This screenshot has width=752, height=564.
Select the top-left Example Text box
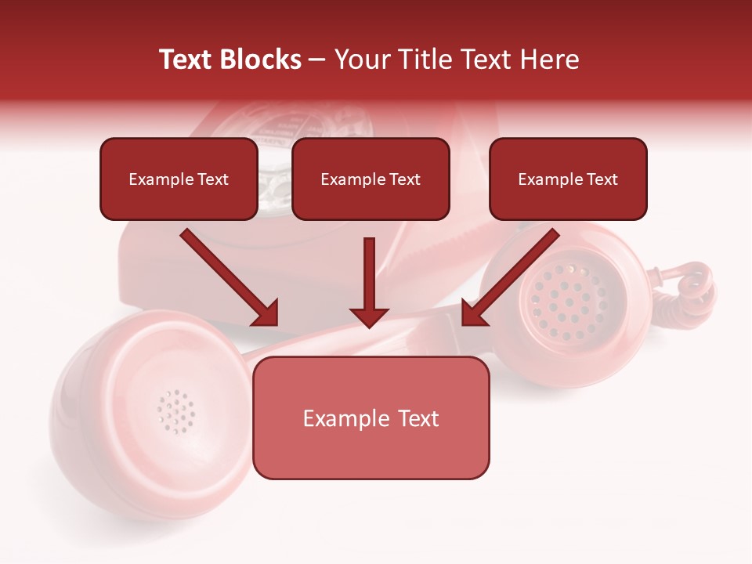click(x=179, y=179)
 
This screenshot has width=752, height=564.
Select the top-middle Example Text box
click(x=371, y=179)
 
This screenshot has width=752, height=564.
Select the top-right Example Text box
click(x=568, y=179)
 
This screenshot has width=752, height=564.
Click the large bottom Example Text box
click(x=371, y=418)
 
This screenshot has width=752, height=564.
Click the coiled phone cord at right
click(x=694, y=290)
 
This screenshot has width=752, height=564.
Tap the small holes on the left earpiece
click(x=175, y=410)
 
